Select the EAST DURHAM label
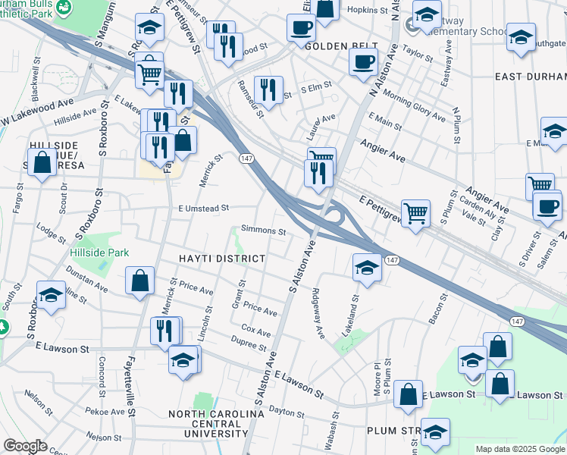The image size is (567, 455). pos(531,77)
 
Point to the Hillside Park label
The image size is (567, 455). pos(99,253)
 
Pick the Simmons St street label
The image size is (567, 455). pos(263,231)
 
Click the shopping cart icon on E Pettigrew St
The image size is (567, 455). pos(415,213)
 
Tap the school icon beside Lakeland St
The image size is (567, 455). pos(367,268)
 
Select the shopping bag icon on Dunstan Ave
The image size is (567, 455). pos(140,281)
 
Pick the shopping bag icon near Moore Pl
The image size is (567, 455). pos(408,394)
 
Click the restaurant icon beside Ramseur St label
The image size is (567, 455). pos(268,89)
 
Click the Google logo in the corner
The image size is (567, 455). pos(26,446)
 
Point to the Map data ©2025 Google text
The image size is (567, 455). pos(519,449)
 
